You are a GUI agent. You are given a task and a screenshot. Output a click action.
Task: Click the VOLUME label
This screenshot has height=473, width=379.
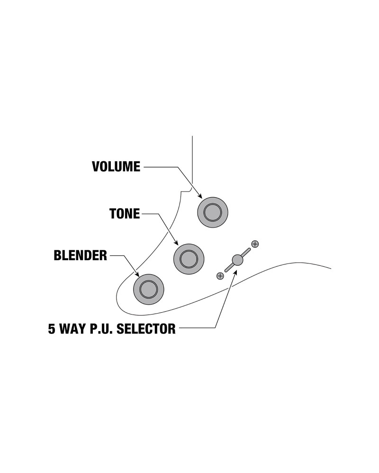click(116, 166)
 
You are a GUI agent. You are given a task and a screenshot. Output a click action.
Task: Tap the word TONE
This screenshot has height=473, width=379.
click(125, 214)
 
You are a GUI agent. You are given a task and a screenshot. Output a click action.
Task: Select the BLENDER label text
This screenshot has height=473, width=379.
click(81, 256)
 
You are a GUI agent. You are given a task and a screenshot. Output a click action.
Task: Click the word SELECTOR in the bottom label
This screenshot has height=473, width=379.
click(147, 328)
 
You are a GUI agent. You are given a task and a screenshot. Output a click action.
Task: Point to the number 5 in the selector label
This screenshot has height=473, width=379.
click(51, 328)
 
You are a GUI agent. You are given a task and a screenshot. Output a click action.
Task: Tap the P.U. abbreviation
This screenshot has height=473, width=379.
click(102, 328)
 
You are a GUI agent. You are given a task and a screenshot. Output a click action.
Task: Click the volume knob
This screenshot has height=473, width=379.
click(213, 212)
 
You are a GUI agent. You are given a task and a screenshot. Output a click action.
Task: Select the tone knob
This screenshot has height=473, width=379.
click(189, 258)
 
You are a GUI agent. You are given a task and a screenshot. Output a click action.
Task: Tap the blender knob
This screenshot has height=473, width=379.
click(148, 289)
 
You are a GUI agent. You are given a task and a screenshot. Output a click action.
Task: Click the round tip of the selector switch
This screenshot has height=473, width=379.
click(237, 259)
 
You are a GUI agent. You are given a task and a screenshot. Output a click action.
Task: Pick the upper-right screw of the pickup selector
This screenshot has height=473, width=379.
click(255, 244)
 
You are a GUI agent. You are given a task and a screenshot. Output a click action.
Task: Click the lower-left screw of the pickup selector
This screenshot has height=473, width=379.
click(220, 275)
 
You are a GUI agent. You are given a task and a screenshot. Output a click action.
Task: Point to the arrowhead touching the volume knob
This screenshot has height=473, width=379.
click(200, 195)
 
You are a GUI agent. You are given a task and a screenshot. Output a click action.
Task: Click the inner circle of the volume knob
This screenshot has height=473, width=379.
click(213, 212)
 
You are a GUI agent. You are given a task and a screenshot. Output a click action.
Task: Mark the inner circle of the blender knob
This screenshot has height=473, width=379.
click(148, 289)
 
